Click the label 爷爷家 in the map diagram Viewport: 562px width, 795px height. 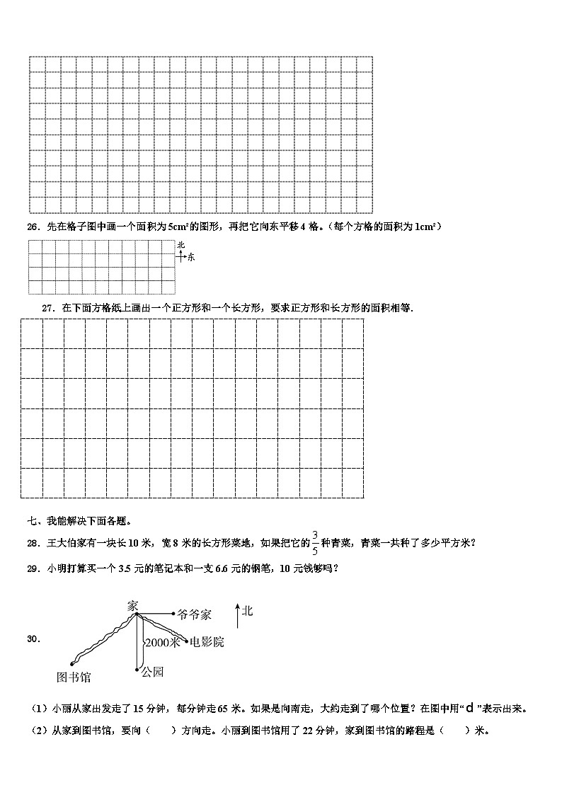click(x=195, y=614)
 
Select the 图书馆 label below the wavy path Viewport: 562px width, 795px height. click(x=74, y=677)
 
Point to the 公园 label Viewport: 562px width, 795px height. click(x=152, y=671)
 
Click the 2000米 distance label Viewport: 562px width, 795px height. click(x=162, y=643)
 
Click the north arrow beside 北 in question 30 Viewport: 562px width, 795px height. click(x=236, y=615)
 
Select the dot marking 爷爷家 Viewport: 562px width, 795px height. click(x=174, y=614)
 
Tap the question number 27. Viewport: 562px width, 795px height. click(x=49, y=308)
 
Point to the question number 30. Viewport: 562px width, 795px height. click(x=33, y=639)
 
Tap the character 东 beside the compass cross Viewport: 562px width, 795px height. click(x=191, y=257)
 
